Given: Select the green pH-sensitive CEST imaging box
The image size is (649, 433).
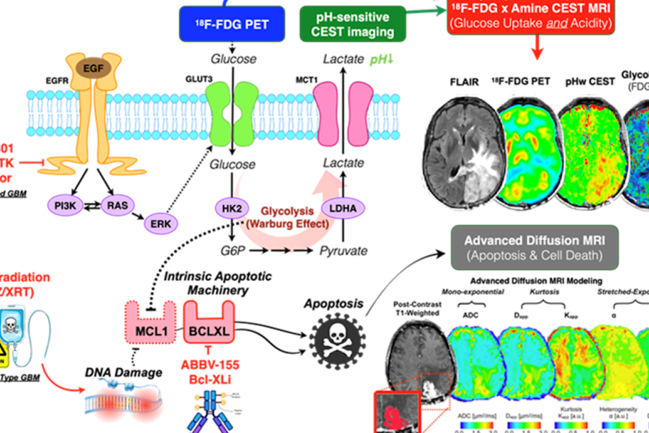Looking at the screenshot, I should coord(353,24).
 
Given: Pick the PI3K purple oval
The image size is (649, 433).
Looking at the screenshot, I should coord(65,206).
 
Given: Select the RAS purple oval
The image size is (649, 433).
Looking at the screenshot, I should coord(117,206).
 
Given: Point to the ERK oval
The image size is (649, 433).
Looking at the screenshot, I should coord(161,223).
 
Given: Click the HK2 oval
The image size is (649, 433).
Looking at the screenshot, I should coord(231,208).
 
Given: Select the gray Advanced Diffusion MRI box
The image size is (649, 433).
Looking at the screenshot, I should coord(534,247).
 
